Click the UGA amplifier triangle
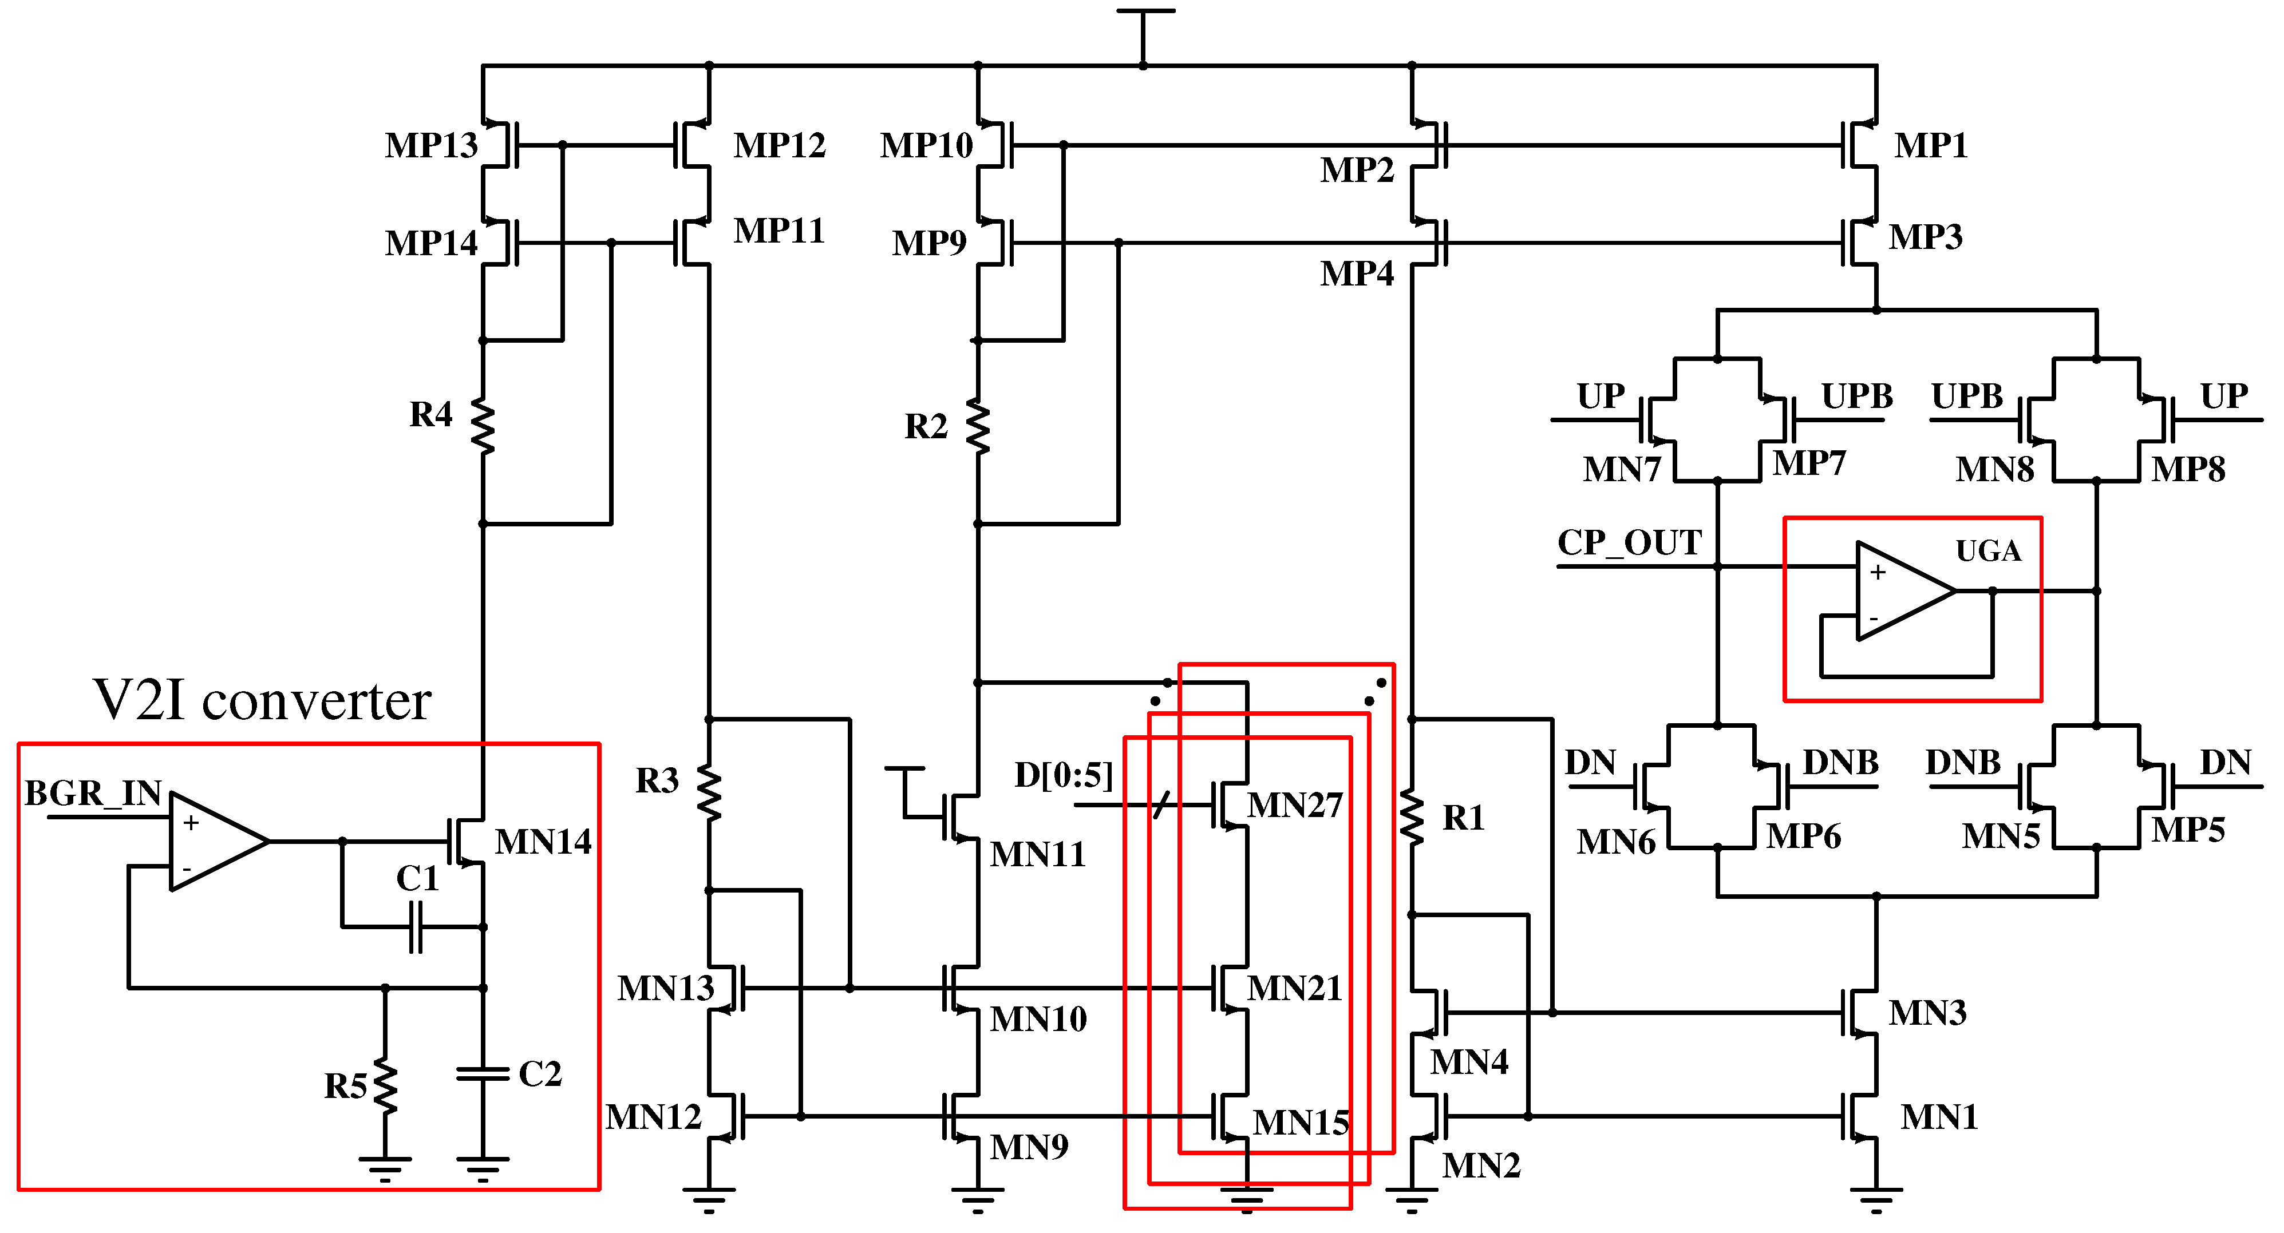coord(1901,590)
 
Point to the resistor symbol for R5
coord(386,1085)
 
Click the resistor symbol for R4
coord(483,426)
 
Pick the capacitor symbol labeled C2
coord(483,1075)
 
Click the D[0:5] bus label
coord(1063,776)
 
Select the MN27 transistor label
coord(1294,806)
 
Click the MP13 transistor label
coord(431,145)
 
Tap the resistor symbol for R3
coord(709,791)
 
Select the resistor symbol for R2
coord(978,426)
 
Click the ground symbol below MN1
coord(1876,1199)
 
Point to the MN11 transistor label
coord(1037,854)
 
